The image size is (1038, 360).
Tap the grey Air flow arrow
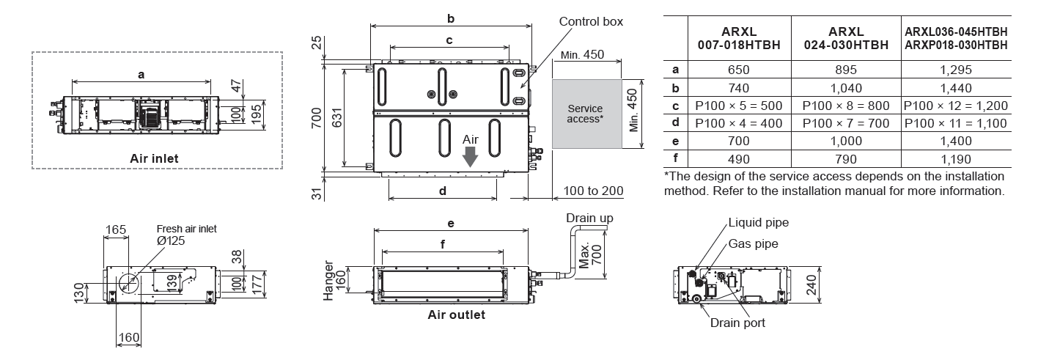pyautogui.click(x=470, y=154)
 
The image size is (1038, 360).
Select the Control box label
pyautogui.click(x=591, y=21)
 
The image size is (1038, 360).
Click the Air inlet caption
pyautogui.click(x=153, y=157)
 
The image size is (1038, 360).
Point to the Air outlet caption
pyautogui.click(x=456, y=315)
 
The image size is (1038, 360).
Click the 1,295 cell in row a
pyautogui.click(x=954, y=70)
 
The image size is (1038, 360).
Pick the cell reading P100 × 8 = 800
pyautogui.click(x=848, y=106)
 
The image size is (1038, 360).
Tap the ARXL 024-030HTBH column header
pyautogui.click(x=848, y=39)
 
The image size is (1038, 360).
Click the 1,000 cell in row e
pyautogui.click(x=848, y=141)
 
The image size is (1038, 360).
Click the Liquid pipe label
pyautogui.click(x=759, y=222)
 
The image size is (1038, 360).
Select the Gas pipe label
pyautogui.click(x=753, y=243)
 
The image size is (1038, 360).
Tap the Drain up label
pyautogui.click(x=589, y=218)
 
